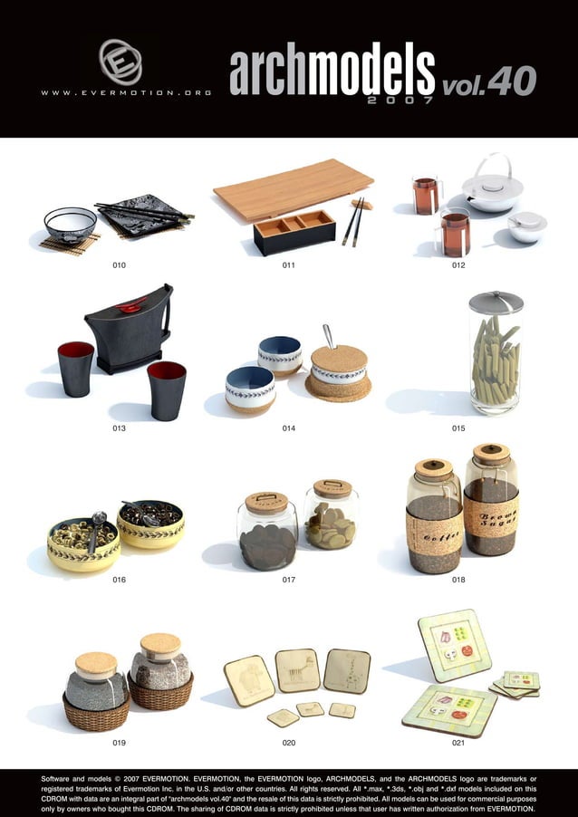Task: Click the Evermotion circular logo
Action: (120, 62)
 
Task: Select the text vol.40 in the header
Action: (489, 82)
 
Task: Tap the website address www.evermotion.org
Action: (126, 92)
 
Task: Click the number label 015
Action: (458, 428)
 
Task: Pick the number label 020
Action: (289, 743)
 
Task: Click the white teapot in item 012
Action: (492, 189)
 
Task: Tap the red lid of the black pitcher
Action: (131, 304)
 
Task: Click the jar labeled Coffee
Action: (434, 517)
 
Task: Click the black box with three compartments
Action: (294, 231)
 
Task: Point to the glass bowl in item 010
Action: (71, 223)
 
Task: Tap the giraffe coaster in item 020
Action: (346, 671)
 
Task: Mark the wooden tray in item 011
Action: (293, 189)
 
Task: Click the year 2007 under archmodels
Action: (400, 101)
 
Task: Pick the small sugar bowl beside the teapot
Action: (526, 226)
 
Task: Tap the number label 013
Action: (119, 428)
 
